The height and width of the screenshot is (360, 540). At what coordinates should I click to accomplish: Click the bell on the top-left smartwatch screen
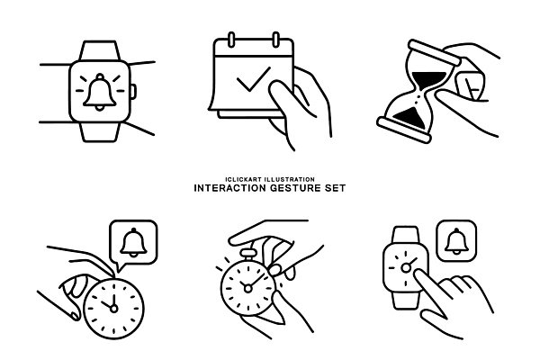(100, 92)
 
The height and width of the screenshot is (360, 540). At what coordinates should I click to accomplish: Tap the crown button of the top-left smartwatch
(133, 92)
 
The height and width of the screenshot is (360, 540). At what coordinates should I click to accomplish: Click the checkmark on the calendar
(254, 79)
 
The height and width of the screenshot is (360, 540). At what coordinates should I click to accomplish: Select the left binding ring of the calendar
(231, 40)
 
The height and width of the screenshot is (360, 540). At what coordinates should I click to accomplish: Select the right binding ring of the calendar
(276, 40)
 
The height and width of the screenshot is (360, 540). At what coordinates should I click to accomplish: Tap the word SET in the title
(335, 188)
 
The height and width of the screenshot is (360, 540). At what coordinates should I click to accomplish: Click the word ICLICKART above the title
(244, 179)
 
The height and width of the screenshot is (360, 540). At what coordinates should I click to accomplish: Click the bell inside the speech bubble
(133, 242)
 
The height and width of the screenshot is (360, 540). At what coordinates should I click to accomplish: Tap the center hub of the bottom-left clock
(113, 309)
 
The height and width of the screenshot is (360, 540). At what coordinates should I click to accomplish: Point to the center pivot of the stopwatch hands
(247, 288)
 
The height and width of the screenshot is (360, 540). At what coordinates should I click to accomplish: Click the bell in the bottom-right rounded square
(456, 241)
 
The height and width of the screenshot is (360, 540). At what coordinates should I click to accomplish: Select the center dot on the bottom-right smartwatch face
(406, 267)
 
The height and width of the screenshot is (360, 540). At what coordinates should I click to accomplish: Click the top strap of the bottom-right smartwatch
(406, 235)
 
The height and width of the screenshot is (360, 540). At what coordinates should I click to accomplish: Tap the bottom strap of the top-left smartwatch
(100, 131)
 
